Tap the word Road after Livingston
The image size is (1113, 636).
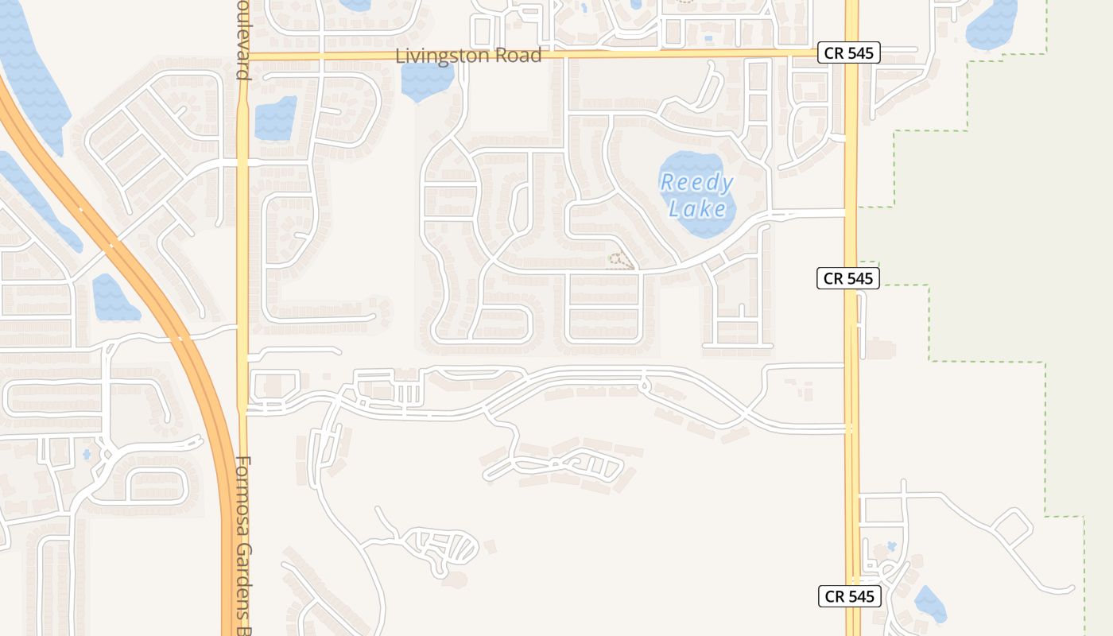click(x=518, y=56)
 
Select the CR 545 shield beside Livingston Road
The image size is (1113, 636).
click(x=848, y=53)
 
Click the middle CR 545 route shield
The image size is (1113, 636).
click(x=848, y=278)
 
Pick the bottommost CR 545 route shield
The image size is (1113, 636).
click(x=850, y=596)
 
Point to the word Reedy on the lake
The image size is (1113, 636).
click(x=697, y=183)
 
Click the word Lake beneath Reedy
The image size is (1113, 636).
click(x=697, y=209)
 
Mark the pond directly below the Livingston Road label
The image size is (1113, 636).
click(x=427, y=79)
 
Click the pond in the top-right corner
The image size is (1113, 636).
click(x=991, y=22)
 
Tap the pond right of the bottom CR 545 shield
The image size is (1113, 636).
click(x=930, y=603)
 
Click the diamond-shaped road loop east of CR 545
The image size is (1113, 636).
click(x=1011, y=525)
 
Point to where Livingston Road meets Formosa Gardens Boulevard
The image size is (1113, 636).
click(x=242, y=56)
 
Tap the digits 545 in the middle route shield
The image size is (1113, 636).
click(x=859, y=278)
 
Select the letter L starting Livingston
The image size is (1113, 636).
click(x=401, y=56)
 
